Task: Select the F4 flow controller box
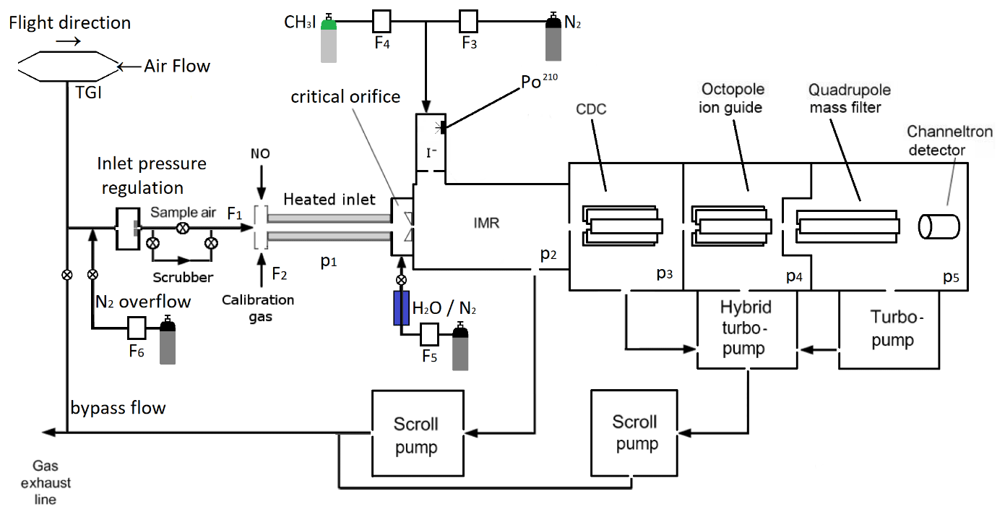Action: [x=381, y=21]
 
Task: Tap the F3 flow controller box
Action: [x=470, y=21]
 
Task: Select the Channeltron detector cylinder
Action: [x=939, y=226]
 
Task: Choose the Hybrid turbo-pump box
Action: [x=746, y=328]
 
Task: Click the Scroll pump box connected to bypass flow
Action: [x=417, y=435]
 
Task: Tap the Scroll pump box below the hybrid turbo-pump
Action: [x=636, y=433]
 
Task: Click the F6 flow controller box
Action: [x=137, y=329]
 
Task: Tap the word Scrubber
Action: [x=183, y=277]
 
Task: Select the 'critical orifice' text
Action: [x=345, y=97]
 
